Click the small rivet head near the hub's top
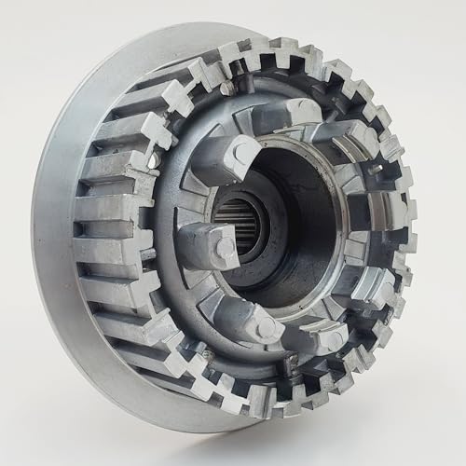click(x=226, y=87)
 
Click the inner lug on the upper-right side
click(x=359, y=140)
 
